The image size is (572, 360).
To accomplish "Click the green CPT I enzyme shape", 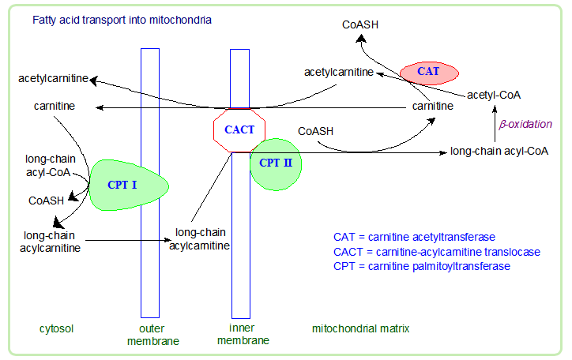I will point(126,183).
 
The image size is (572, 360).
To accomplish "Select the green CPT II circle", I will point(275,164).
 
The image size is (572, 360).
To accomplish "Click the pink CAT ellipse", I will point(429,72).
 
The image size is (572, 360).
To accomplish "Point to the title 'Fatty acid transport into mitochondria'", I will point(122,18).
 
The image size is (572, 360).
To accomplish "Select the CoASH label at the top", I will point(360,24).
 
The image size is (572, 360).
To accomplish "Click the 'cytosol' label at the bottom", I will point(56,328).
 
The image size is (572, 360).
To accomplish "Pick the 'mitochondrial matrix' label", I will point(361,328).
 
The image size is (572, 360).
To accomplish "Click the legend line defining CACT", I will point(437,252).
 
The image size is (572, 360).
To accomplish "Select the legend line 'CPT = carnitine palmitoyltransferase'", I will point(422,267).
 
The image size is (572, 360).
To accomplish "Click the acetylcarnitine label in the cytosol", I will point(53,79).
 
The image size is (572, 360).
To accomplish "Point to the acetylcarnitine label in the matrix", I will point(339,73).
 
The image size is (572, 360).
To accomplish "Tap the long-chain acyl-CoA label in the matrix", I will point(499,150).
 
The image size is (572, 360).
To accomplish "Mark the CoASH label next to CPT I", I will point(46,201).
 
